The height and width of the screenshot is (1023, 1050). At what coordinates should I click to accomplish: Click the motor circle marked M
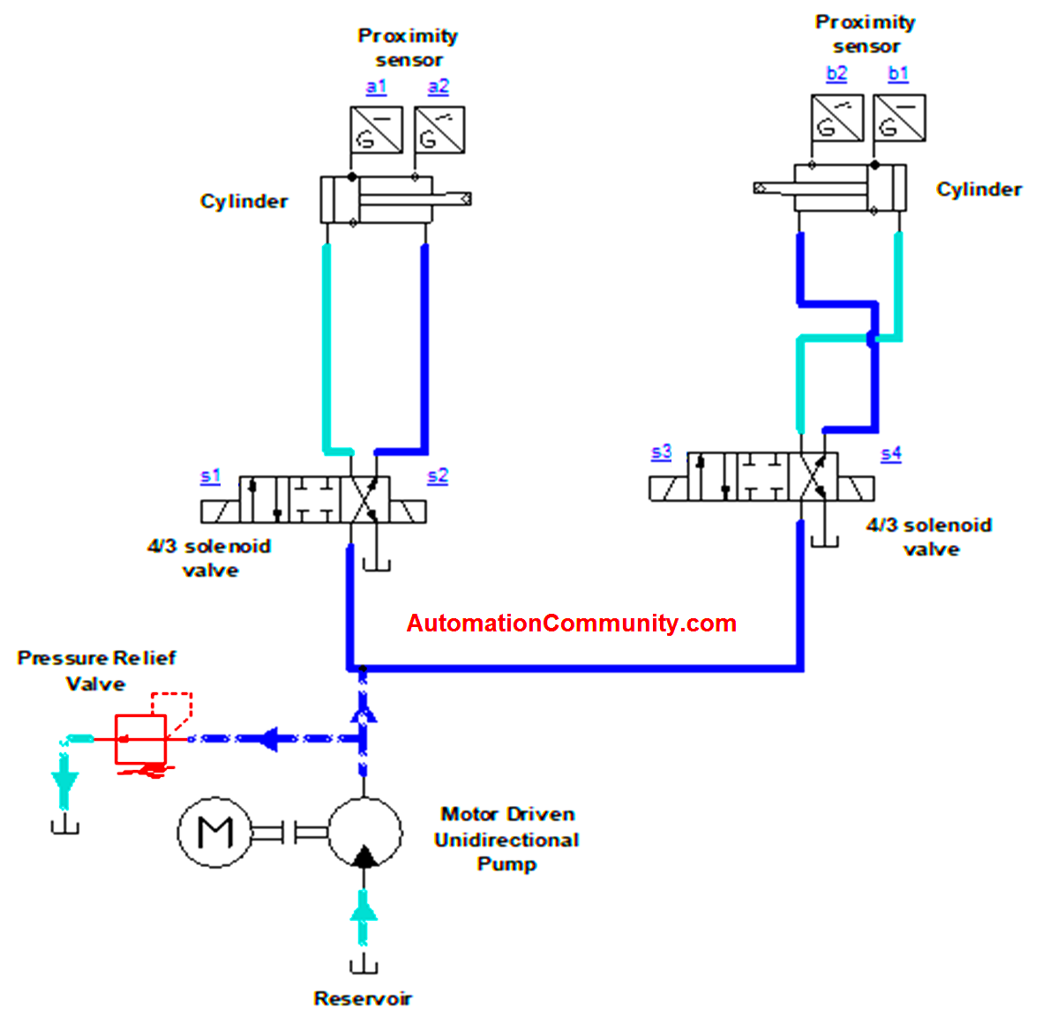click(215, 832)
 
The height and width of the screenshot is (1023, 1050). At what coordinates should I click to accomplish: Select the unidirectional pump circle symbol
click(364, 833)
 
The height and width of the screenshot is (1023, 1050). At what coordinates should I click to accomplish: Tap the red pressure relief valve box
click(140, 739)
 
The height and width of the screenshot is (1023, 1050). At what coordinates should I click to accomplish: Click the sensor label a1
click(376, 86)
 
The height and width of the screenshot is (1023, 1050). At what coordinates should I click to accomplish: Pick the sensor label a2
click(439, 86)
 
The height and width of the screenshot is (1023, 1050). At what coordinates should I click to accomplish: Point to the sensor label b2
click(836, 73)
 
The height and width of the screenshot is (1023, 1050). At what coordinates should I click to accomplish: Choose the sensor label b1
click(898, 73)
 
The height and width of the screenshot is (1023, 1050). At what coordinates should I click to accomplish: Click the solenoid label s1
click(210, 476)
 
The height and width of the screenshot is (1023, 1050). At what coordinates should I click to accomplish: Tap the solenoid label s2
click(438, 476)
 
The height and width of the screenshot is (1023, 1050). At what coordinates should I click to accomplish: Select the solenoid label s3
click(661, 452)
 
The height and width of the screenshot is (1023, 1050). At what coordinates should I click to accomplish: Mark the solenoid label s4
click(891, 453)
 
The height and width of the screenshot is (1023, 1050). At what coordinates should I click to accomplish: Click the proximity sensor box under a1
click(377, 131)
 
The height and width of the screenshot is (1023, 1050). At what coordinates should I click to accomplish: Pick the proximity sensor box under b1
click(899, 118)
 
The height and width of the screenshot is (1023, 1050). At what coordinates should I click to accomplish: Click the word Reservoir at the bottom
click(363, 998)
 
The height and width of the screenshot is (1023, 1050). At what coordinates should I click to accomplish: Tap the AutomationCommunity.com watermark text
click(571, 624)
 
